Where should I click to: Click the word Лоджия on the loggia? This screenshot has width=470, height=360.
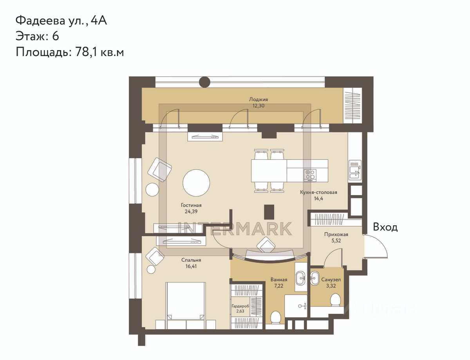coord(258,99)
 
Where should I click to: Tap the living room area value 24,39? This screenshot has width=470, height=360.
coord(191,212)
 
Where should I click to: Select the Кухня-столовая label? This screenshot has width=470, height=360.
coord(318,192)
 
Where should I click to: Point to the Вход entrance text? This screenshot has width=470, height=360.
coord(385,227)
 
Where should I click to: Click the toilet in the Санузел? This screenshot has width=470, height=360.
coord(336,300)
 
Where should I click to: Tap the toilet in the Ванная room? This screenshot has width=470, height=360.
coord(276,317)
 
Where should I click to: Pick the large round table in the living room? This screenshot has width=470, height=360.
coord(196,183)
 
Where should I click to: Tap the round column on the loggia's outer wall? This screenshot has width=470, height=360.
coord(204,82)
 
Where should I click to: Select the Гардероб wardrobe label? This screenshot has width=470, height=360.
coord(240,306)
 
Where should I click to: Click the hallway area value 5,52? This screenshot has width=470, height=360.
coord(336,241)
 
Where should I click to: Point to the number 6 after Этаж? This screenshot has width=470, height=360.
coord(56,36)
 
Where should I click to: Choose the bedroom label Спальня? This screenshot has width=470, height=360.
coord(191,260)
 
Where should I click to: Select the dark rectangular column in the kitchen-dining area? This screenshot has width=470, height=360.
coord(269,212)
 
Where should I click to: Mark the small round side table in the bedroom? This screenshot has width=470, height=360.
coord(151,270)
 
